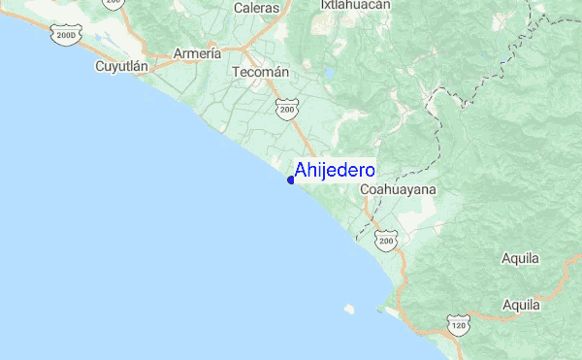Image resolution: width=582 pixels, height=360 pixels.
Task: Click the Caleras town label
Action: [x=256, y=8]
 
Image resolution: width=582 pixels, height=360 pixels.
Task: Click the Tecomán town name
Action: [x=262, y=72]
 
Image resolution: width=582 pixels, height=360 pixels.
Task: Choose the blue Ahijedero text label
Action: [x=335, y=170]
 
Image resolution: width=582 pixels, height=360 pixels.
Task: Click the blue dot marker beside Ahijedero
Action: [x=291, y=180]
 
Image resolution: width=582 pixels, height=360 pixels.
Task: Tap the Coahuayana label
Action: [x=398, y=190]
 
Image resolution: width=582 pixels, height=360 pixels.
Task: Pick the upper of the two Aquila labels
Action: [x=521, y=258]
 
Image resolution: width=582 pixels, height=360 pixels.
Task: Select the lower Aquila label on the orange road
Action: [x=521, y=305]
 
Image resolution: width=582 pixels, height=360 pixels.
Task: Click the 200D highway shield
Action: [x=66, y=37]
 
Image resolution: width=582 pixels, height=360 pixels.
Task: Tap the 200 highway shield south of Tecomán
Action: [x=286, y=111]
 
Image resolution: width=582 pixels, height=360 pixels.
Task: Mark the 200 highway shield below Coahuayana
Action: [x=386, y=239]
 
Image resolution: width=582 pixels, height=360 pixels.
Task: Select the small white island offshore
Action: [x=349, y=310]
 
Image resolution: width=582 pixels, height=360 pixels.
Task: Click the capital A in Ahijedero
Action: [x=302, y=170]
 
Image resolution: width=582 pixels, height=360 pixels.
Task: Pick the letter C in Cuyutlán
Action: [x=100, y=67]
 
